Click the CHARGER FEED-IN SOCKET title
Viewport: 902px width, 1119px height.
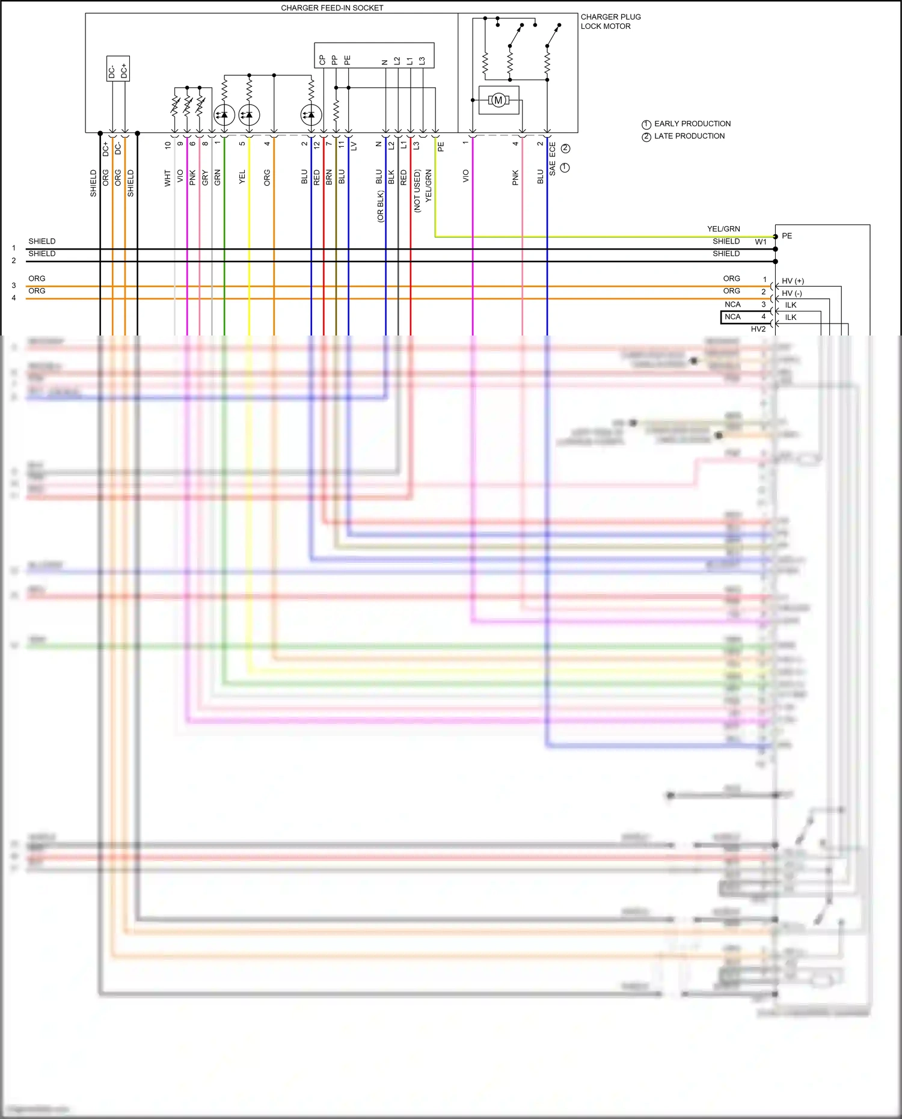click(x=332, y=8)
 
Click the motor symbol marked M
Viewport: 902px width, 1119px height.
click(x=498, y=100)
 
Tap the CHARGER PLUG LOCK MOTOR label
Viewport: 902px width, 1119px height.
click(x=610, y=22)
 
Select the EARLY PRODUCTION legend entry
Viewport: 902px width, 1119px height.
click(x=692, y=124)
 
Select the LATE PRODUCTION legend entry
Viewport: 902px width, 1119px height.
click(x=689, y=136)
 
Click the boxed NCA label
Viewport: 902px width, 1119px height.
click(x=732, y=317)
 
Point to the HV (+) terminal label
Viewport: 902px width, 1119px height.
click(x=793, y=281)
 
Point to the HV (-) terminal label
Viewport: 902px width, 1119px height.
click(x=791, y=293)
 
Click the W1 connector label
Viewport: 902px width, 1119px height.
click(x=761, y=242)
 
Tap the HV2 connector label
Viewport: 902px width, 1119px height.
click(x=758, y=329)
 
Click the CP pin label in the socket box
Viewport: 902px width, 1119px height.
click(x=322, y=60)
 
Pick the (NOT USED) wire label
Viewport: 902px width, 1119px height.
click(x=417, y=191)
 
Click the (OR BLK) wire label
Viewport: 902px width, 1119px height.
click(x=380, y=206)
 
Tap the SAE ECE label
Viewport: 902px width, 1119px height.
click(x=553, y=159)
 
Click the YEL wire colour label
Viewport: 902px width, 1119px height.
click(x=242, y=177)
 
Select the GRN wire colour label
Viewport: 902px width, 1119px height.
click(x=218, y=177)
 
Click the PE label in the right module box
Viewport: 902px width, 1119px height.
click(x=787, y=236)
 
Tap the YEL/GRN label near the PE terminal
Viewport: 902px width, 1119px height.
click(x=723, y=229)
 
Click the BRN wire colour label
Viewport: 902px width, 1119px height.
click(x=329, y=177)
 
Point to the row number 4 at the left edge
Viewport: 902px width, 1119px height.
click(x=14, y=298)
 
